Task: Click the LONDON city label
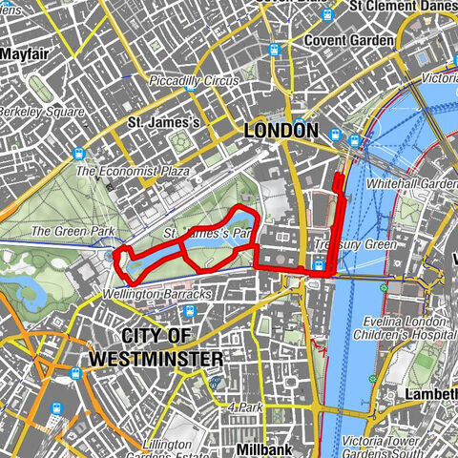coord(281,130)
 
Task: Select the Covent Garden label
coord(348,41)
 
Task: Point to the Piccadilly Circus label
coord(195,81)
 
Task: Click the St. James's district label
coord(164,122)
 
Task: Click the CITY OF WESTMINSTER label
coord(156,347)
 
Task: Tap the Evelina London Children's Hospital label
coord(401,327)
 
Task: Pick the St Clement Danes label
coord(401,6)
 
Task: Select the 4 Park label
coord(245,407)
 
